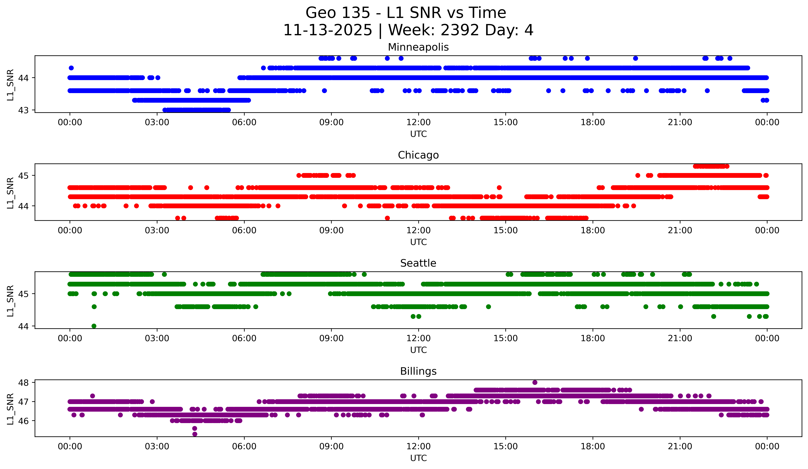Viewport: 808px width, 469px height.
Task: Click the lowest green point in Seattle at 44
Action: click(94, 326)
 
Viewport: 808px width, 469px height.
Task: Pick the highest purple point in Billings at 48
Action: click(535, 382)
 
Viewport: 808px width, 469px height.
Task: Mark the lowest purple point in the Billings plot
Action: click(195, 434)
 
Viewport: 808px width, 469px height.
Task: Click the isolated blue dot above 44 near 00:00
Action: click(71, 68)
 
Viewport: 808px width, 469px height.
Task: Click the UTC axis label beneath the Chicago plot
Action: click(418, 242)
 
